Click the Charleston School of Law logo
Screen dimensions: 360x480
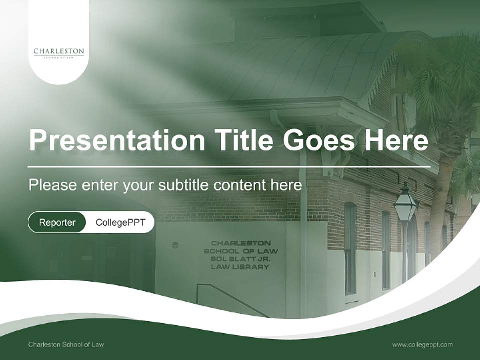click(x=59, y=52)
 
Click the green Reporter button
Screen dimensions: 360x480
click(x=57, y=222)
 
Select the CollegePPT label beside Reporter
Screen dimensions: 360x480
click(x=120, y=222)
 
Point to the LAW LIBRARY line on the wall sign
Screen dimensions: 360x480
click(x=240, y=267)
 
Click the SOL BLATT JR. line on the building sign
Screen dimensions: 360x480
click(x=240, y=259)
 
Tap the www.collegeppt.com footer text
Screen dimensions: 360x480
click(x=422, y=344)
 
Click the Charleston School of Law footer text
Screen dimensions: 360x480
click(x=66, y=344)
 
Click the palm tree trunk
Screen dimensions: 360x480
click(x=438, y=200)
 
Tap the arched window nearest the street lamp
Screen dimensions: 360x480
click(x=386, y=250)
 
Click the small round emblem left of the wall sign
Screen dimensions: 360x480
click(x=175, y=245)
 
